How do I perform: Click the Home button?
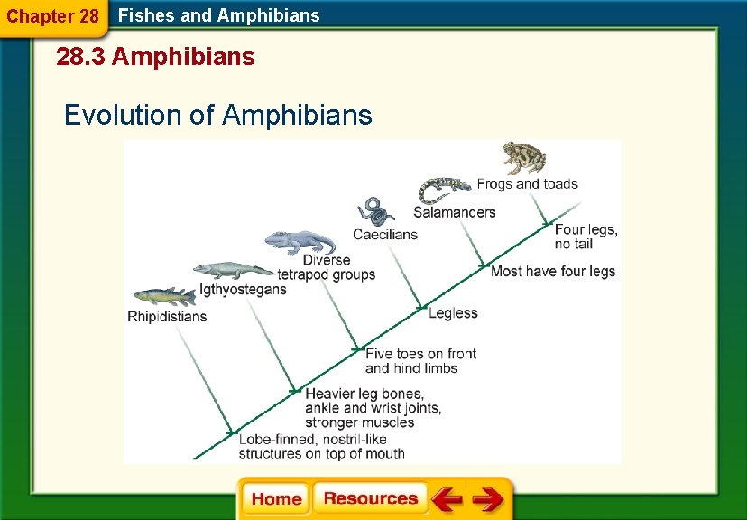[x=275, y=499]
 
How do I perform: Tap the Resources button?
[x=370, y=499]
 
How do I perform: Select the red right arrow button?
[x=488, y=499]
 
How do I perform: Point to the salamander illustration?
[x=444, y=190]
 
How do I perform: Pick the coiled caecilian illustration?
[x=374, y=211]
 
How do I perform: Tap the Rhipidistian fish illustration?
[x=164, y=296]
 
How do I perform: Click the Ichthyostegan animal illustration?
[x=232, y=270]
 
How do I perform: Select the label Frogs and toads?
[x=527, y=184]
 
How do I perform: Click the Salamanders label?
[x=454, y=213]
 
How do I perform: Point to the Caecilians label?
[x=385, y=235]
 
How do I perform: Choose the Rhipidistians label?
[x=167, y=317]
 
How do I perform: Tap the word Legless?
[x=453, y=313]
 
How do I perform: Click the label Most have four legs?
[x=552, y=271]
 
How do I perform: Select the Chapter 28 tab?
[x=52, y=17]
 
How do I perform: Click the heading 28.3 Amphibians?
[x=155, y=58]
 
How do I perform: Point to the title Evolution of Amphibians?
[x=217, y=116]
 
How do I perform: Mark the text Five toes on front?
[x=420, y=354]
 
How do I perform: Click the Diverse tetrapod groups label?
[x=326, y=267]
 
